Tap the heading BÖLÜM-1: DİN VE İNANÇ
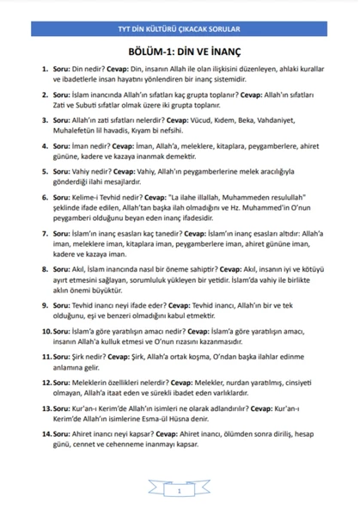(180, 51)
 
